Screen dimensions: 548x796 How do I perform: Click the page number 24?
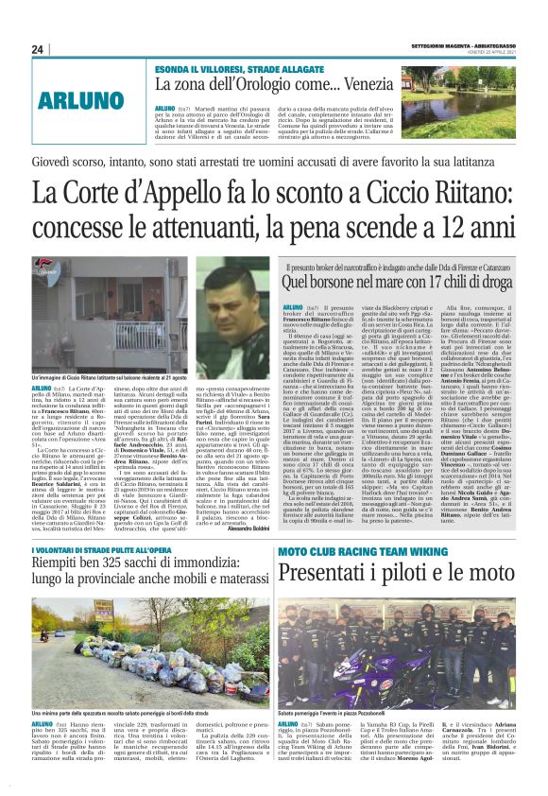click(38, 49)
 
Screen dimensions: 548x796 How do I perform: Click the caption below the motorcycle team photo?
click(333, 712)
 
